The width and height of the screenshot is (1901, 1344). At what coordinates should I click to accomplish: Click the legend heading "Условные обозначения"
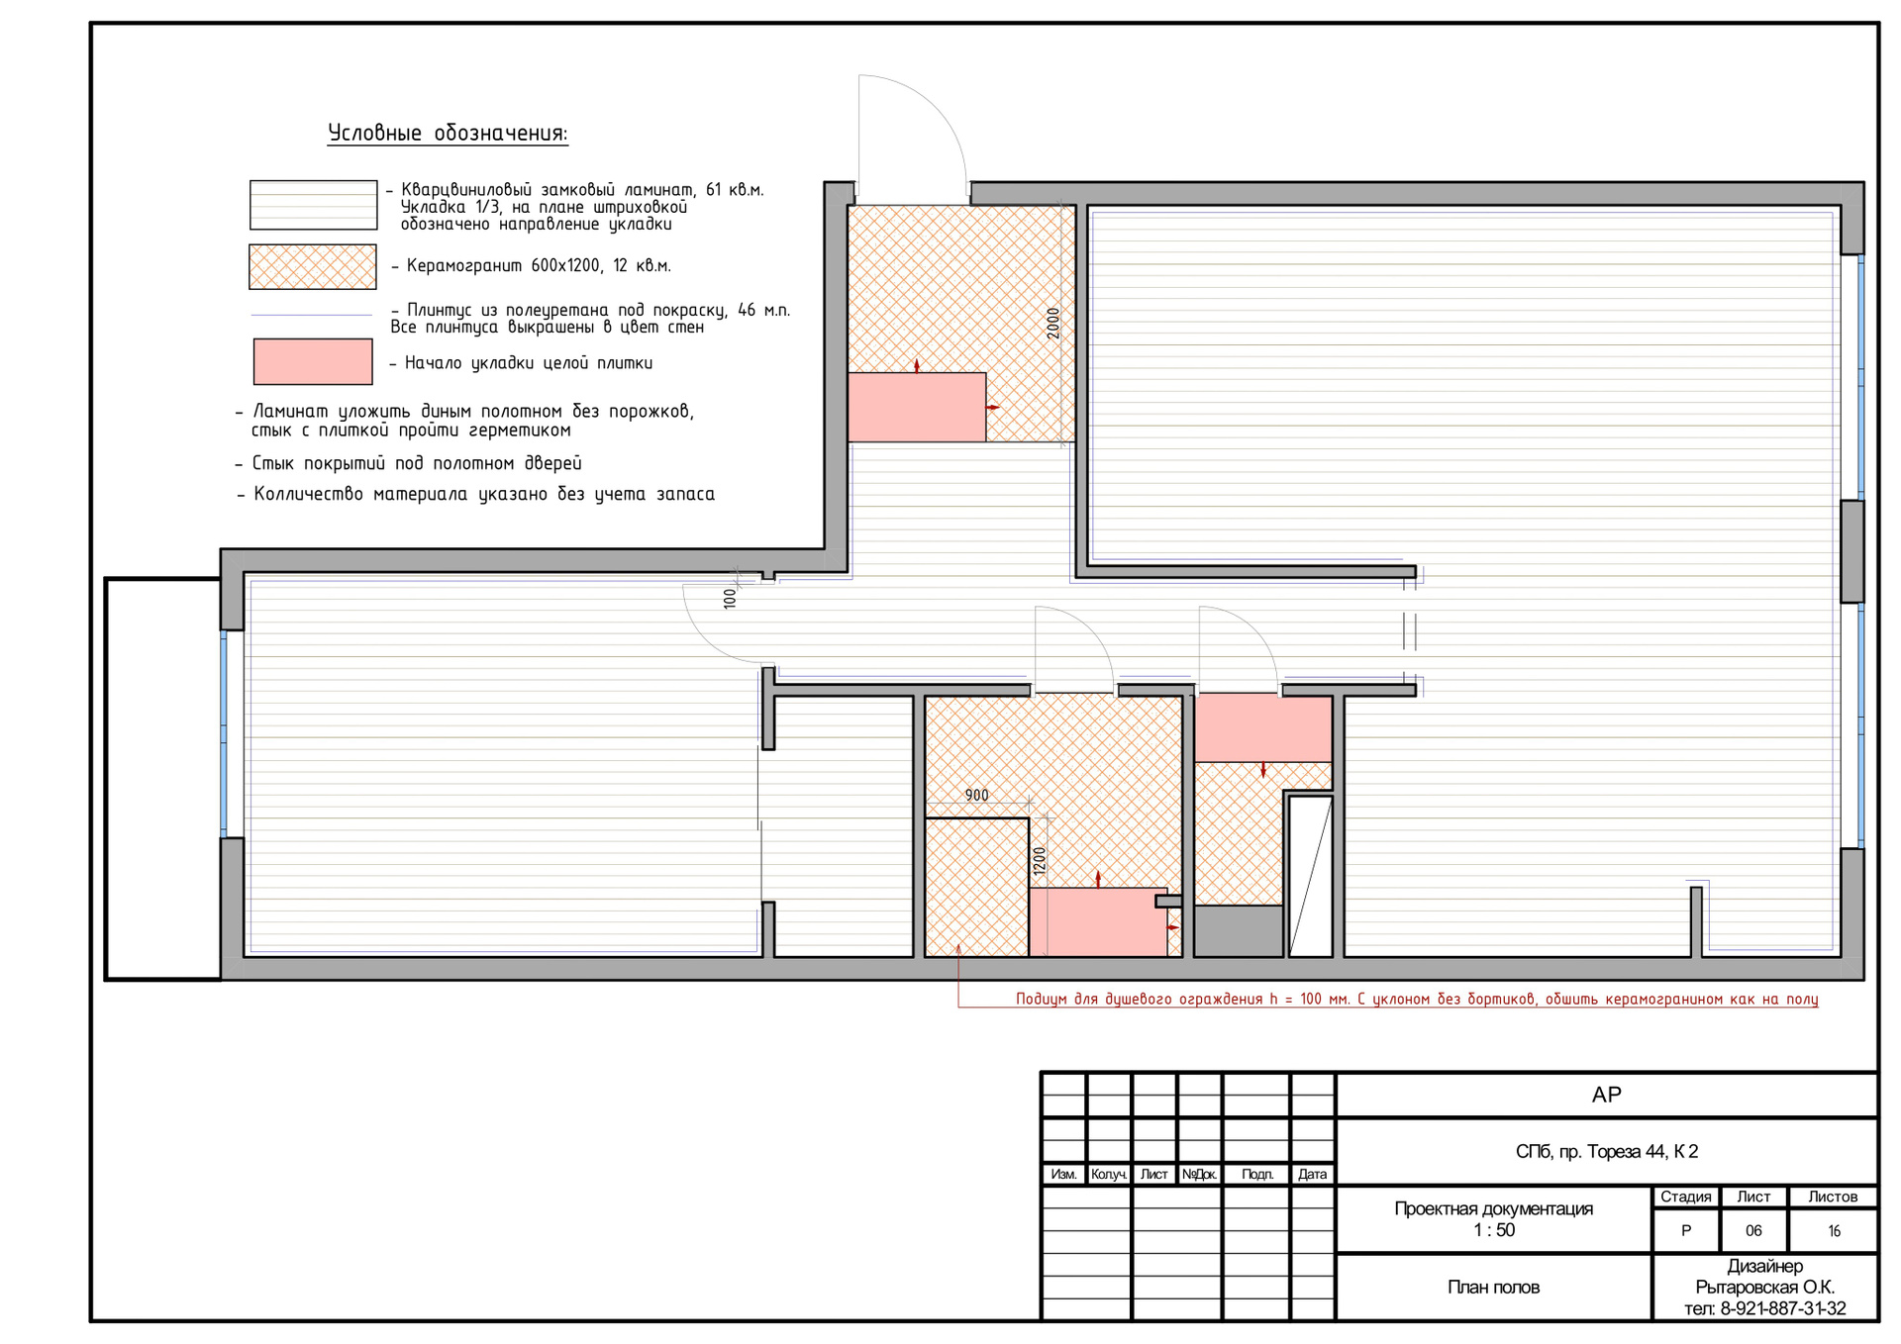tap(448, 134)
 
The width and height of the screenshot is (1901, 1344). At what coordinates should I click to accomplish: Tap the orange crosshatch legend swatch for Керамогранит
tap(313, 267)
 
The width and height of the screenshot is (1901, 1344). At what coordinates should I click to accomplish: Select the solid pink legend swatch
tap(313, 361)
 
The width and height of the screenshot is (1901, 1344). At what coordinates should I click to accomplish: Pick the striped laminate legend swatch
tap(313, 205)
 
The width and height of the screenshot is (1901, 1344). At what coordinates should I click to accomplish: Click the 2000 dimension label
tap(1052, 324)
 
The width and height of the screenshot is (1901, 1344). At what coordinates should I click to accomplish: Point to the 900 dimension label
tap(976, 796)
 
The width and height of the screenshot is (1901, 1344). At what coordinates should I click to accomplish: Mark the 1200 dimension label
tap(1040, 861)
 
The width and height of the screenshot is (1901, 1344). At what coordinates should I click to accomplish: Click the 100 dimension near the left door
tap(730, 599)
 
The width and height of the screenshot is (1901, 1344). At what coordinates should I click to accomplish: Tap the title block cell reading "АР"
tap(1606, 1095)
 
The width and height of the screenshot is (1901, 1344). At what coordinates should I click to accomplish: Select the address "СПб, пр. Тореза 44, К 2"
tap(1606, 1152)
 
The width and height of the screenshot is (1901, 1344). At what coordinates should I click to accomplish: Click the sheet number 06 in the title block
tap(1753, 1231)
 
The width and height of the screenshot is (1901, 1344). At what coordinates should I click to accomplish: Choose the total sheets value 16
tap(1834, 1231)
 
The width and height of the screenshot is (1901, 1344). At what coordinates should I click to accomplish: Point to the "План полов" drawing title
tap(1493, 1288)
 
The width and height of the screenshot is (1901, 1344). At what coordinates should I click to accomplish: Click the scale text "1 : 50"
tap(1494, 1230)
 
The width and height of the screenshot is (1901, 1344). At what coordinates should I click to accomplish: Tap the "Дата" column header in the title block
tap(1312, 1175)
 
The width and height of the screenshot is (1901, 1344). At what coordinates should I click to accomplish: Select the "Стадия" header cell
tap(1685, 1197)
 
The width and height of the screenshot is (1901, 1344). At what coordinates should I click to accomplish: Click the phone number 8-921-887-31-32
tap(1783, 1308)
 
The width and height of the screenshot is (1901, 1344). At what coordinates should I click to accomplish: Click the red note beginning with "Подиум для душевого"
tap(1417, 1000)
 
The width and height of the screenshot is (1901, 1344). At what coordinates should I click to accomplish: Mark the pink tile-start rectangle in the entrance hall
tap(917, 407)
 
